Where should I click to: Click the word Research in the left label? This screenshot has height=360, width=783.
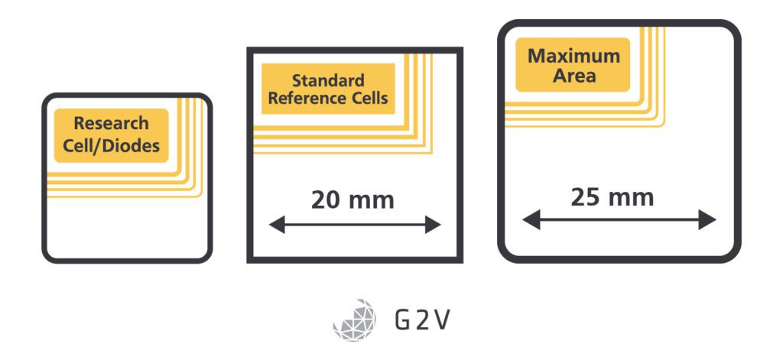[111, 123]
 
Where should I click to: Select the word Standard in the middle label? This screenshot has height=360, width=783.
[328, 80]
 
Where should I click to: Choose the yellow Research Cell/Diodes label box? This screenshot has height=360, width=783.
[111, 135]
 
